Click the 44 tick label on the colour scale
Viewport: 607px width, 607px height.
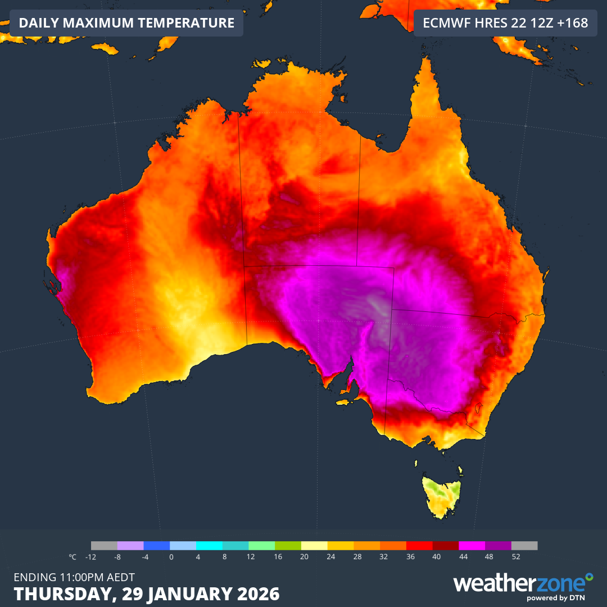pos(463,557)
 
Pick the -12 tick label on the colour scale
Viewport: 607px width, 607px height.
pos(90,557)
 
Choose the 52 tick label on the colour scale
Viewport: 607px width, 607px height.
pos(516,557)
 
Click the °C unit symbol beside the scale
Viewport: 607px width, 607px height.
pos(73,557)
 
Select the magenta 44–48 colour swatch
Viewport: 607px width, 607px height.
pos(472,545)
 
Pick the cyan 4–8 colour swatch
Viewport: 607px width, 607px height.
pos(209,545)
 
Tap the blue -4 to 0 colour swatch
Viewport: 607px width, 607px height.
pos(157,545)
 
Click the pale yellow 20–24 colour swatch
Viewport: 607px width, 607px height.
pos(314,545)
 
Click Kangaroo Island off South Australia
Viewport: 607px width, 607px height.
pos(345,401)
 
